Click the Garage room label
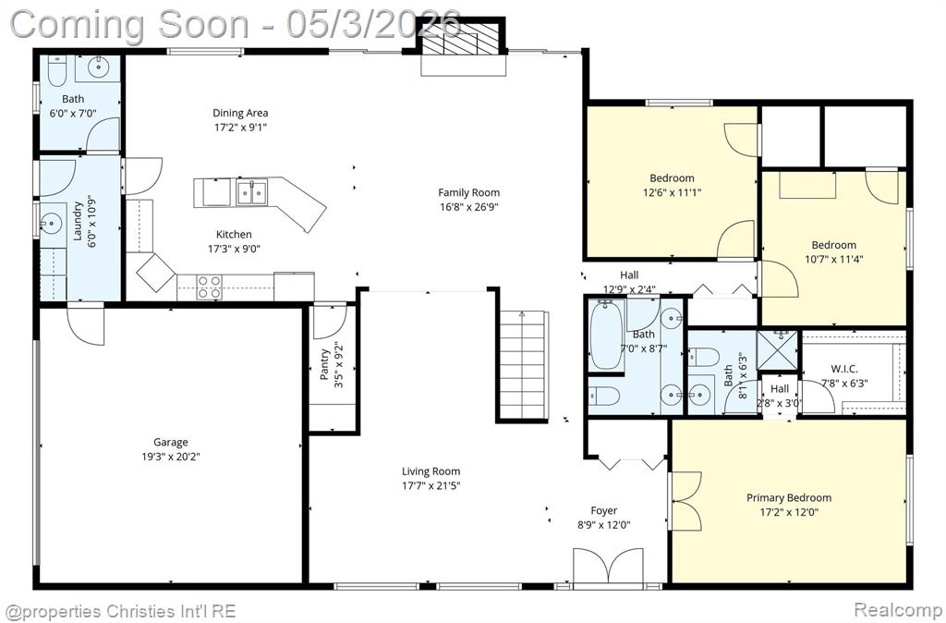[171, 443]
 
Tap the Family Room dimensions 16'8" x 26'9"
[468, 207]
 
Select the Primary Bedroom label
[789, 498]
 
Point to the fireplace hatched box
[462, 45]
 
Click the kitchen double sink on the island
[251, 192]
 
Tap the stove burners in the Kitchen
[210, 287]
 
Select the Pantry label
[325, 364]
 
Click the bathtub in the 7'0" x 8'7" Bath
[606, 336]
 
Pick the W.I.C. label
[844, 369]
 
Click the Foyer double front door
[608, 567]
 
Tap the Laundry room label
[78, 221]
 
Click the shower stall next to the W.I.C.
[777, 349]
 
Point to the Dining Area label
[240, 113]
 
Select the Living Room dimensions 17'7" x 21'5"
[431, 486]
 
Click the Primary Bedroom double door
[685, 501]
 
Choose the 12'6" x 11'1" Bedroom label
[672, 178]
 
